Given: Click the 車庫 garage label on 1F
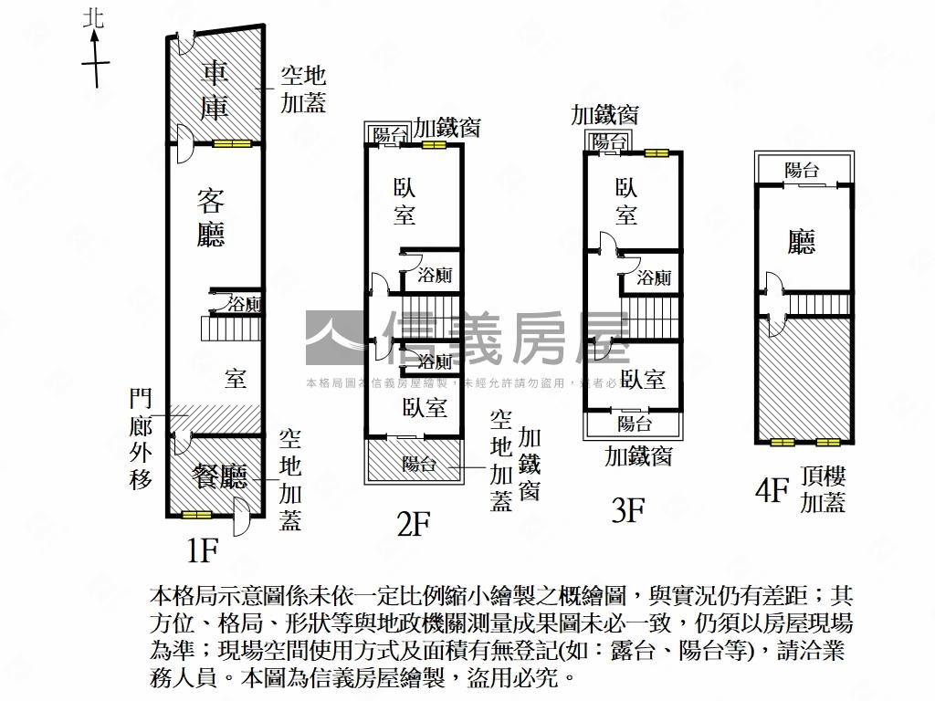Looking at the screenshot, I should (215, 89).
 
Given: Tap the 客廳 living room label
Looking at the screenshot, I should (211, 218).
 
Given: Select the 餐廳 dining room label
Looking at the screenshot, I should (220, 475).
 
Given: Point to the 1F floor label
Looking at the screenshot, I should (202, 550).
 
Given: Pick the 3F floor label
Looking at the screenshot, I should (628, 508).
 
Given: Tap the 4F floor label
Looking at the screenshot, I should (771, 492).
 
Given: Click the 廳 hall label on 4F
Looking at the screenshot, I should (802, 241).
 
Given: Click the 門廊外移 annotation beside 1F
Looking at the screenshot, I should (141, 438).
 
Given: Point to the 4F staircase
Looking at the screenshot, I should (819, 303).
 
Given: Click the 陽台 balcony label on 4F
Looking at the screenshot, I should (802, 169).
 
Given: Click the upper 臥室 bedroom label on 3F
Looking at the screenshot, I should (626, 202).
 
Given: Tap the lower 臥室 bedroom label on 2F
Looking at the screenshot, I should (424, 408).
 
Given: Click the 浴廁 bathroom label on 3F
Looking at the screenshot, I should (654, 277).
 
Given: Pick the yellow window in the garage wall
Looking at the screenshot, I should (232, 143).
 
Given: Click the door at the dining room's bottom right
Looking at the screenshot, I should (242, 517).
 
